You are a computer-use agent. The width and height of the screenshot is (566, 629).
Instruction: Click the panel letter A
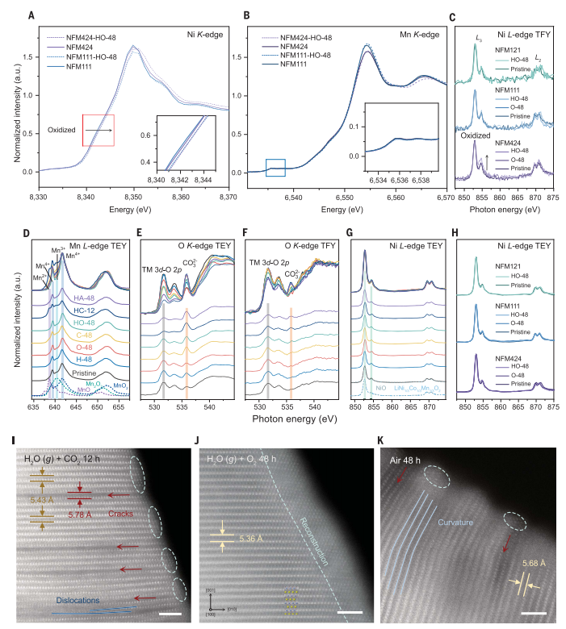tap(31, 15)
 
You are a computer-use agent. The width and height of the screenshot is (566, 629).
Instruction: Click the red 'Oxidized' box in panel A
tap(98, 131)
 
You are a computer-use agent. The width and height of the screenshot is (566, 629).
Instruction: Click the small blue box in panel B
tap(275, 168)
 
